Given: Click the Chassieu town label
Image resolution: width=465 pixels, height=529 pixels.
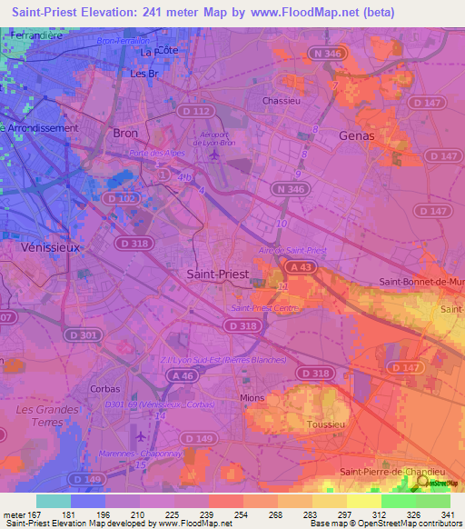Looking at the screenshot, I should tap(281, 100).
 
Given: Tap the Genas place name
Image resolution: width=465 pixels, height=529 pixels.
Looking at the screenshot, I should tap(355, 135).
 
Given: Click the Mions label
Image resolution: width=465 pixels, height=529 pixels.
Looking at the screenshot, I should tap(251, 397).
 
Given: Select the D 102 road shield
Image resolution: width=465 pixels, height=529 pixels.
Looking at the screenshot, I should tap(117, 197).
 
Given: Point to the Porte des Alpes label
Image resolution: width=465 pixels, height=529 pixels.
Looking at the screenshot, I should tap(153, 153).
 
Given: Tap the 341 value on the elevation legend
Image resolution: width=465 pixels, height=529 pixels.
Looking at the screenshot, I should tap(448, 515).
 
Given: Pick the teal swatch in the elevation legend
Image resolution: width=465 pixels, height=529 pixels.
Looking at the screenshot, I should tap(54, 501).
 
